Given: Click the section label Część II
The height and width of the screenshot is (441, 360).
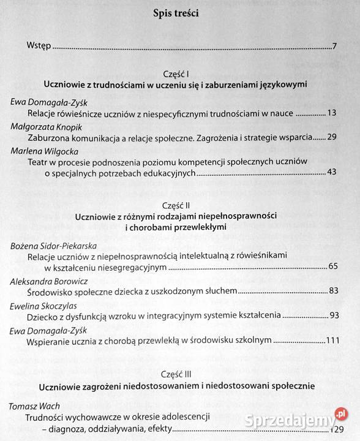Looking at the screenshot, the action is [x=178, y=205].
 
